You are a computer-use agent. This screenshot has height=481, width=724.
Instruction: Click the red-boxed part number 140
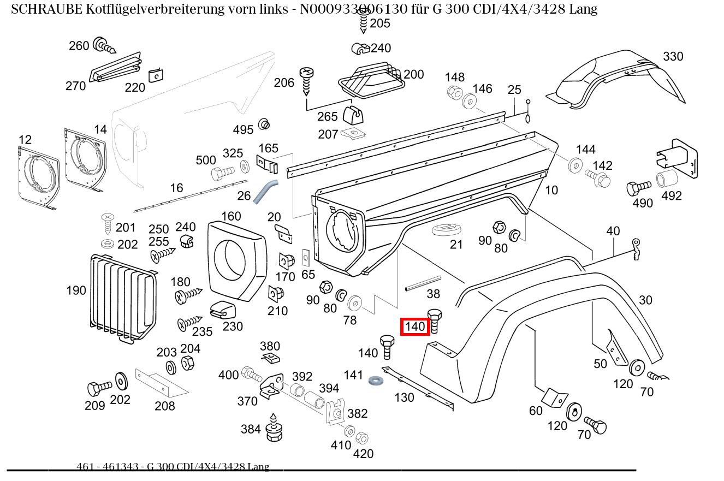click(415, 327)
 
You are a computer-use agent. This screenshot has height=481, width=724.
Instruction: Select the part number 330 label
click(673, 57)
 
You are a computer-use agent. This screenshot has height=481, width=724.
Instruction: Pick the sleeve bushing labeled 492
click(666, 179)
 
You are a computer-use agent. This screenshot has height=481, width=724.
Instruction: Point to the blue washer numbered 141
click(375, 379)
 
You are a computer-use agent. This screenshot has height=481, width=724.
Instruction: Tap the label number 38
click(433, 294)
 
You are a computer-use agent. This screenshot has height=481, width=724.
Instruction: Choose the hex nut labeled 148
click(454, 93)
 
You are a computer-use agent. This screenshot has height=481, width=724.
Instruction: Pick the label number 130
click(404, 397)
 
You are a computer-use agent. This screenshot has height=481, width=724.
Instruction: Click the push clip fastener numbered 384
click(274, 429)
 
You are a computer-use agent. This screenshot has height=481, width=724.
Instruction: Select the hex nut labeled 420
click(361, 438)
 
